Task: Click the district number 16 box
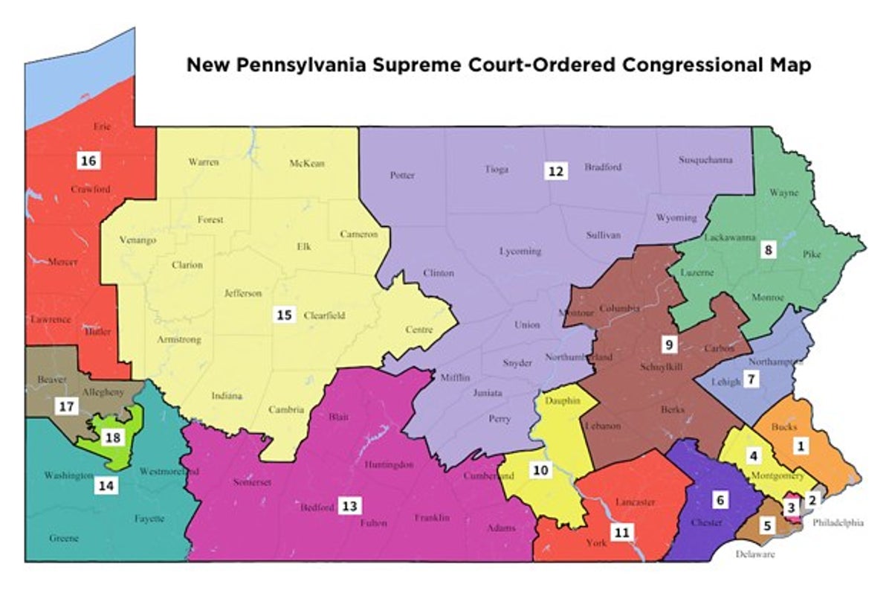[88, 160]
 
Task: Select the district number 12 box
[555, 170]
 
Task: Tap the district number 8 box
[768, 250]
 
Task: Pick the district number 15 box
[284, 315]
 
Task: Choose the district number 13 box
[349, 507]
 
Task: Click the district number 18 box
[113, 437]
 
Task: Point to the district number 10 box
[540, 470]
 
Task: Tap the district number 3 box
[792, 507]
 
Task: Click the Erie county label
[102, 126]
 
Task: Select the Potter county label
[402, 176]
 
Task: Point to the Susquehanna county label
[705, 160]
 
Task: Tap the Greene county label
[64, 538]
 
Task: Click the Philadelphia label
[838, 523]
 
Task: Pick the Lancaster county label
[636, 502]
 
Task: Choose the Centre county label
[418, 330]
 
